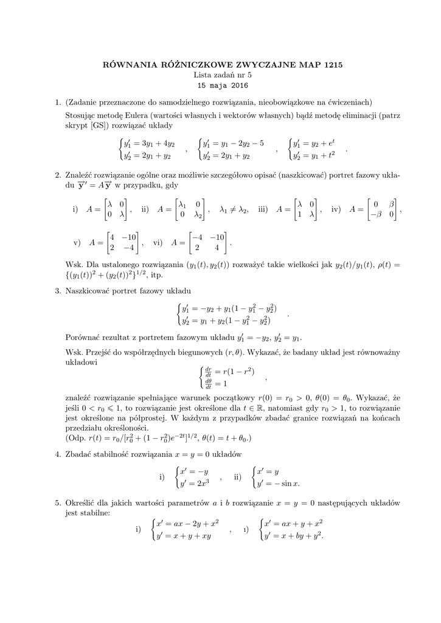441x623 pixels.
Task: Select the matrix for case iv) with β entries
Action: point(383,209)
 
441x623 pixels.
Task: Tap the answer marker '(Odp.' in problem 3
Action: point(76,437)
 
